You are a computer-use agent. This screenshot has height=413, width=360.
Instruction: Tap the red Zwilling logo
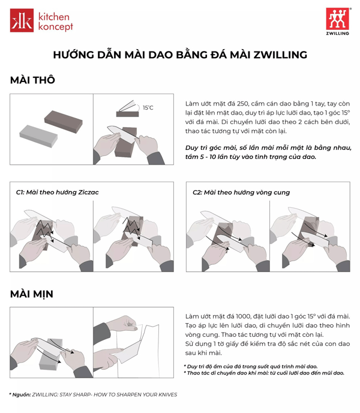[337, 19]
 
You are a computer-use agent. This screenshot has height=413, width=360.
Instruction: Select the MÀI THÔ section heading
[32, 80]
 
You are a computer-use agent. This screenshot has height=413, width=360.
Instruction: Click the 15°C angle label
[148, 108]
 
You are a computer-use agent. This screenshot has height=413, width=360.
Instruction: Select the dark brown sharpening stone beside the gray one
[62, 122]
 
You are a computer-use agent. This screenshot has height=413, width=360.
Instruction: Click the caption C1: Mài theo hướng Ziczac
[57, 192]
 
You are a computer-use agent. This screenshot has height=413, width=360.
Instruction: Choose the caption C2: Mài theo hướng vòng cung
[241, 192]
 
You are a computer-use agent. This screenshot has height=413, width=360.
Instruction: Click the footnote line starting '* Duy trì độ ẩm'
[250, 366]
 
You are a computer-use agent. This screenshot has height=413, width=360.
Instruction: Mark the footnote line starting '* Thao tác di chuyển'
[263, 373]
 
